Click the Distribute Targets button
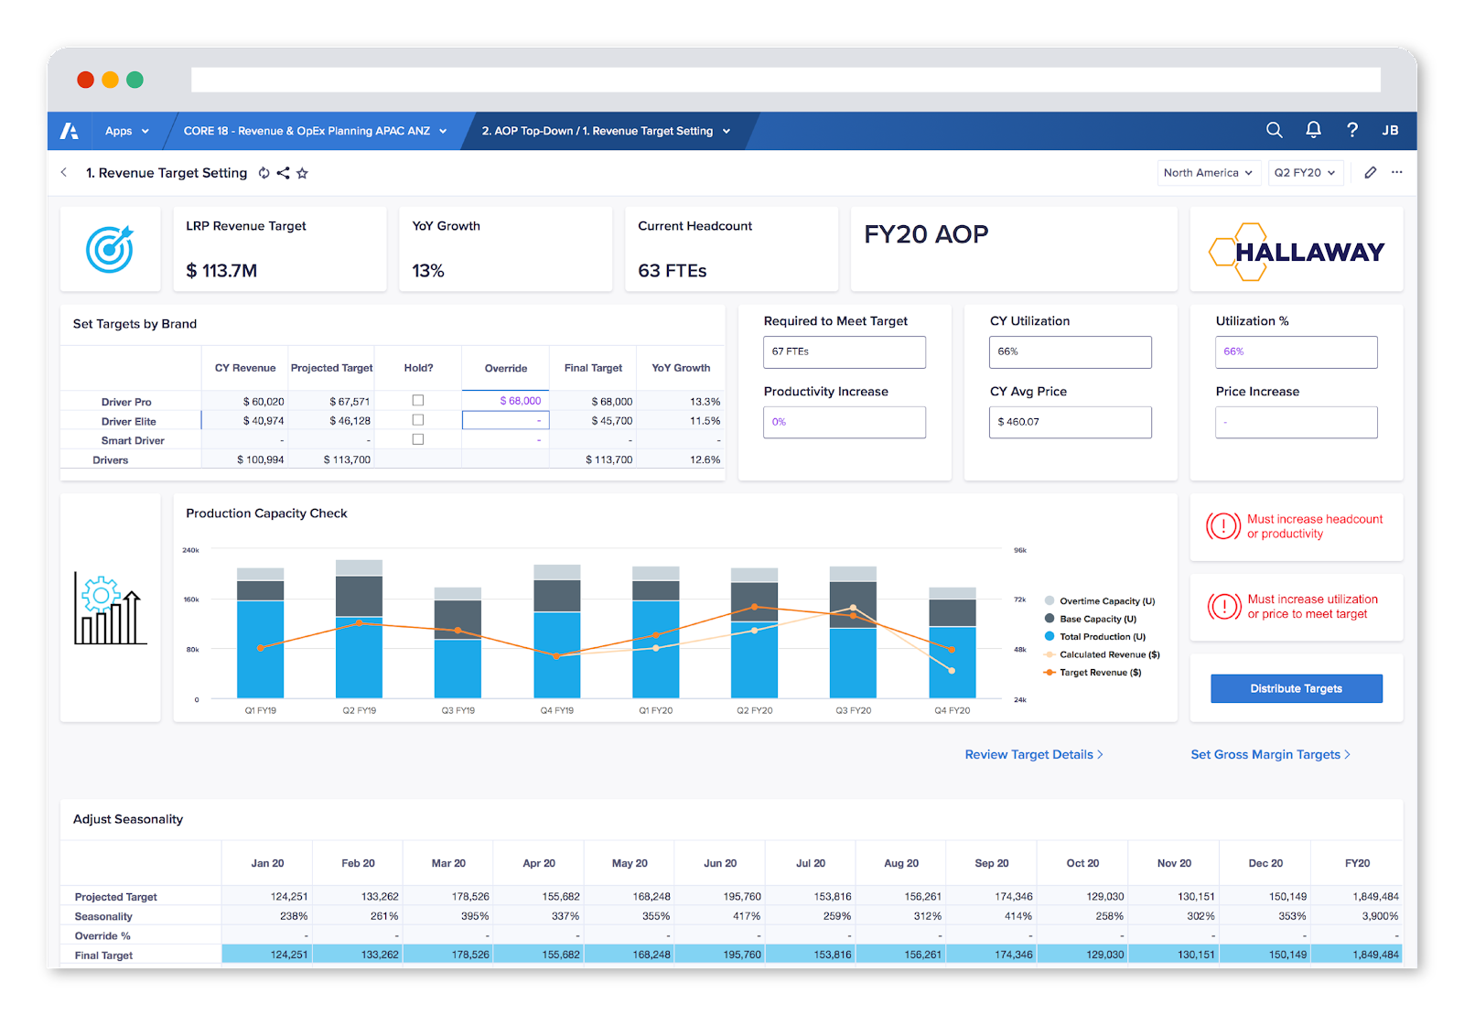pyautogui.click(x=1296, y=688)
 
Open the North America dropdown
pyautogui.click(x=1208, y=172)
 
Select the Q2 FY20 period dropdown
pyautogui.click(x=1305, y=172)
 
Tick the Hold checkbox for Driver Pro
pyautogui.click(x=418, y=400)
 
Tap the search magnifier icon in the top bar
pyautogui.click(x=1274, y=130)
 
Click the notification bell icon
pyautogui.click(x=1313, y=130)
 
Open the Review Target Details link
pyautogui.click(x=1033, y=754)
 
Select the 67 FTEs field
pyautogui.click(x=844, y=351)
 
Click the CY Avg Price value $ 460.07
pyautogui.click(x=1069, y=422)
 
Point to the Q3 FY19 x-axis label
pyautogui.click(x=457, y=710)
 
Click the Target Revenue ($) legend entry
pyautogui.click(x=1099, y=673)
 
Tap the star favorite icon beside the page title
pyautogui.click(x=302, y=173)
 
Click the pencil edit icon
pyautogui.click(x=1370, y=172)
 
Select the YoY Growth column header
pyautogui.click(x=681, y=368)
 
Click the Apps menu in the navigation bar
pyautogui.click(x=126, y=131)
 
